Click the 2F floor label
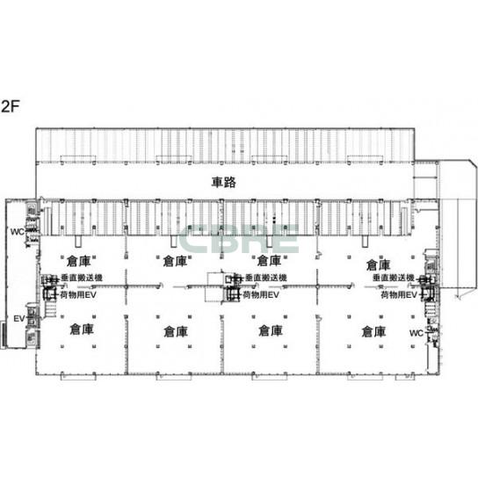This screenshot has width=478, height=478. (x=11, y=106)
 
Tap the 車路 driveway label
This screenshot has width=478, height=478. (x=224, y=182)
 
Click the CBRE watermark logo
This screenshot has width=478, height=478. (x=238, y=239)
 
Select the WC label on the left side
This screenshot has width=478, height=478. (x=18, y=232)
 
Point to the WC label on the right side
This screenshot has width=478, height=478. (x=416, y=333)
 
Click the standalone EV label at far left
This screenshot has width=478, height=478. (x=19, y=319)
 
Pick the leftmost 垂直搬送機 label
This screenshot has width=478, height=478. (x=82, y=278)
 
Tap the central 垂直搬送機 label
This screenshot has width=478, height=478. (x=266, y=278)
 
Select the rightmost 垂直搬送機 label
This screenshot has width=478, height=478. (x=394, y=278)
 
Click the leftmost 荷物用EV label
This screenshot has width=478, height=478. (x=78, y=294)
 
